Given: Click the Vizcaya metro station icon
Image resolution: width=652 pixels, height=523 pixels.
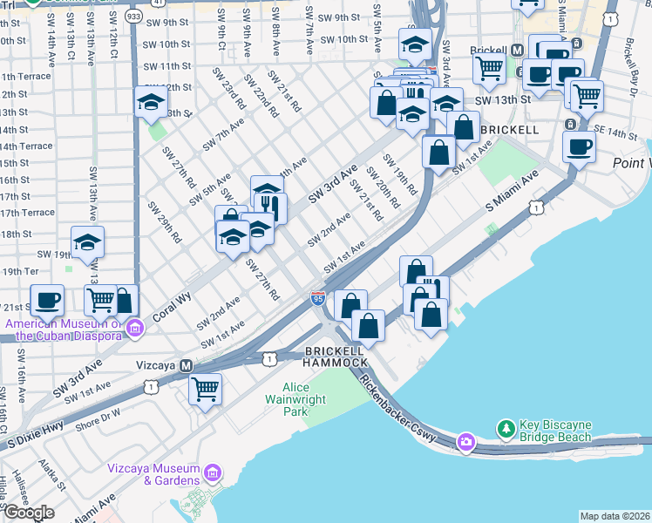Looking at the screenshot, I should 186,366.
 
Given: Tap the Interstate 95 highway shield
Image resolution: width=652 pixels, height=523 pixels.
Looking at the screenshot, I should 317,299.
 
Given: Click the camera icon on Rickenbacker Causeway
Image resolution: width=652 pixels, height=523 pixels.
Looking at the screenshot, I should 466,442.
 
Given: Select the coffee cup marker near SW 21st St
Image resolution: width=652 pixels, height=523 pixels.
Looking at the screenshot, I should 47,301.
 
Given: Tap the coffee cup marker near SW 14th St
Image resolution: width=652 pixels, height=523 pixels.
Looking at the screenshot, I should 579,146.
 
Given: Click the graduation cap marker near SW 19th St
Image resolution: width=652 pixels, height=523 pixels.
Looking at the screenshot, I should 87,241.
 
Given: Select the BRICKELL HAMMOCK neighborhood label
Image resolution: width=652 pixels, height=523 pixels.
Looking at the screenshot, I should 335,356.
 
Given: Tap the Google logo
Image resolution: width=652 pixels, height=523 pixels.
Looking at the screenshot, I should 29,513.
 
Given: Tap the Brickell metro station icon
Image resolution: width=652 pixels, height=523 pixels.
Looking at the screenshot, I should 517,51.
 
